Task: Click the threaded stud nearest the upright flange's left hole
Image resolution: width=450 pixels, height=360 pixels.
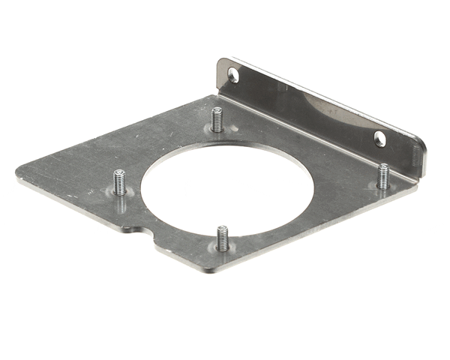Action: click(217, 120)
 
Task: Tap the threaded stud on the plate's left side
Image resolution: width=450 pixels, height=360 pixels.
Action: click(119, 183)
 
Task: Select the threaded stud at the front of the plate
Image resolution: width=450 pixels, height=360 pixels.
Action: click(222, 239)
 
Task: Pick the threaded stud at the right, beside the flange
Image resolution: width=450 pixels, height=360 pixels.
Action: click(384, 175)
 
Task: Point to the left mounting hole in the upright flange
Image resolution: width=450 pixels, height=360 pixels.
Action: click(233, 75)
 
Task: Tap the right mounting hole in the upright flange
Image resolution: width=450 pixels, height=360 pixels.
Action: click(380, 138)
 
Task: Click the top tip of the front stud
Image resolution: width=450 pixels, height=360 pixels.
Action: click(222, 228)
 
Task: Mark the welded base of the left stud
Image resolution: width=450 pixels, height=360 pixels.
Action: click(120, 194)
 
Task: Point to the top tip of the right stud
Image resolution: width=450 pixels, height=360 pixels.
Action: click(384, 166)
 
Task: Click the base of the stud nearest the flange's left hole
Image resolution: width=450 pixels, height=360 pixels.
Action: click(217, 130)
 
